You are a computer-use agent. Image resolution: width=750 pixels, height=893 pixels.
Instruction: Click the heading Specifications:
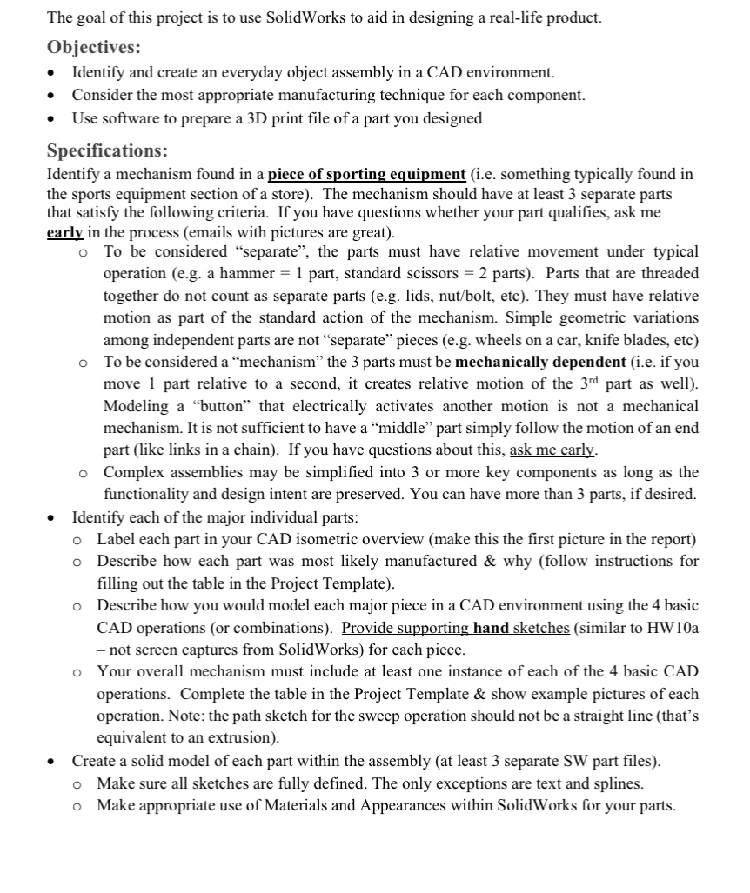pyautogui.click(x=108, y=150)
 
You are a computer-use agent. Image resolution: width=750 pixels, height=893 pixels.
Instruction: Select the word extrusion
pyautogui.click(x=244, y=738)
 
